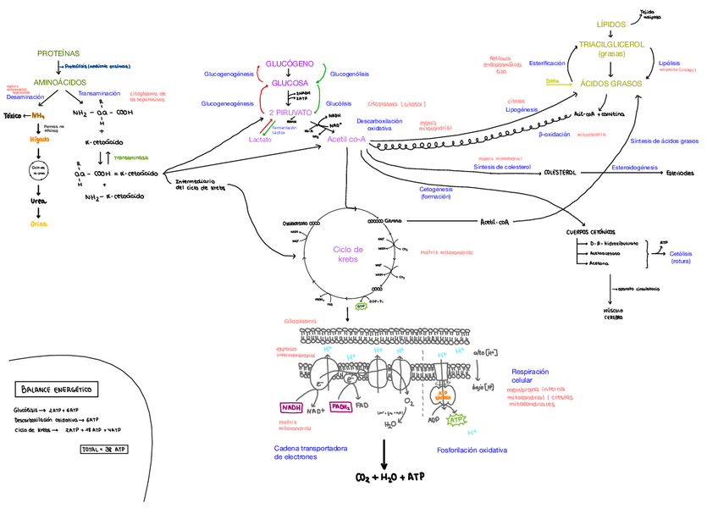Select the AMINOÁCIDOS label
[59, 82]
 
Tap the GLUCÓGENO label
[290, 64]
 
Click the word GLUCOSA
[290, 83]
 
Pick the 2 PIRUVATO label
[290, 112]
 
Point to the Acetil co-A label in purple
[345, 139]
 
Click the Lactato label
[260, 139]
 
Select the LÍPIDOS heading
[611, 25]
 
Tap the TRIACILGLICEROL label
[611, 44]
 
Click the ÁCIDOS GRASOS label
[611, 83]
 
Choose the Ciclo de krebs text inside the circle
[347, 254]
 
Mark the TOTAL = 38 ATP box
[103, 450]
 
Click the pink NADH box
[292, 406]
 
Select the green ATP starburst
[456, 418]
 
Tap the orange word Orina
[39, 224]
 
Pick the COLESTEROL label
[560, 173]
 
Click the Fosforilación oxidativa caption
[472, 450]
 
